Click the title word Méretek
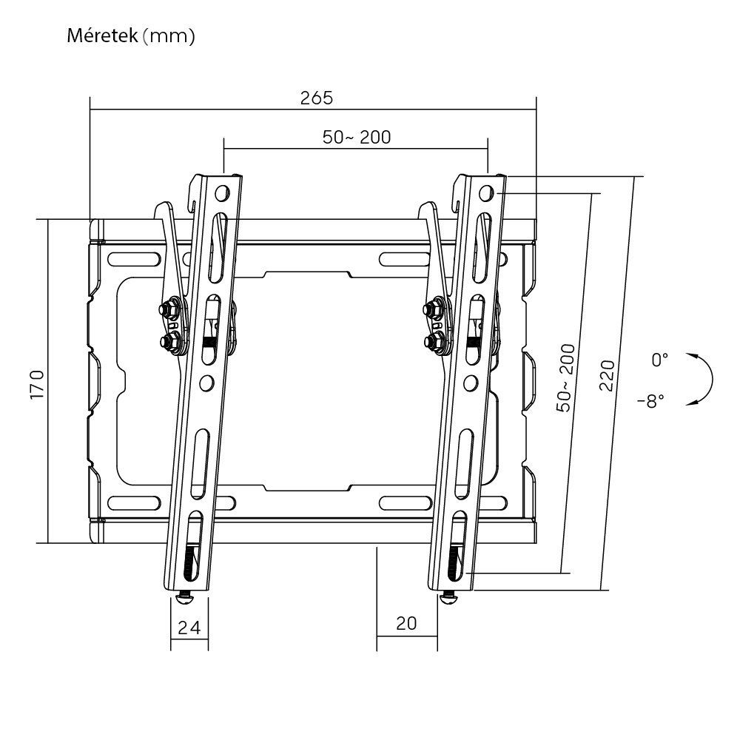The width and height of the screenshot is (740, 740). [x=101, y=36]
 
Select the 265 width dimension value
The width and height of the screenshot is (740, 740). [x=317, y=97]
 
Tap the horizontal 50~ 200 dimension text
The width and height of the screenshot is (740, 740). [x=357, y=136]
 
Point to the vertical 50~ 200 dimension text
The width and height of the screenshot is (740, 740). [x=566, y=377]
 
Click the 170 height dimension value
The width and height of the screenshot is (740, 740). [x=37, y=383]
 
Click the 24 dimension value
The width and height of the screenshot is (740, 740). [x=189, y=628]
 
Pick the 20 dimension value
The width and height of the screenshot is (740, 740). [x=406, y=623]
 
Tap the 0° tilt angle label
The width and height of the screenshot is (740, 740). [x=659, y=360]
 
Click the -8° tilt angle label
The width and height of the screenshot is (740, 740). [x=650, y=400]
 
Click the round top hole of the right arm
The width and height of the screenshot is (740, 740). [x=485, y=193]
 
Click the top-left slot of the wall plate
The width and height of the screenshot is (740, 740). [x=135, y=259]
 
